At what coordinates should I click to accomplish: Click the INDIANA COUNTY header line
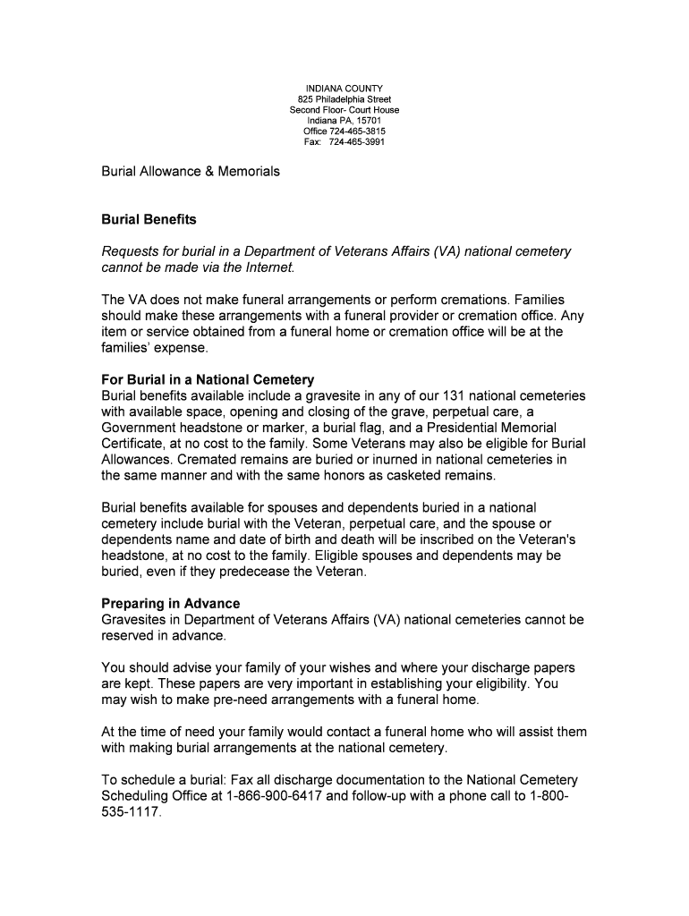(x=344, y=88)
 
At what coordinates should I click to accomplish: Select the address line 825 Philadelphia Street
(x=344, y=99)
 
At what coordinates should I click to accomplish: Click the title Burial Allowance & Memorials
(x=191, y=171)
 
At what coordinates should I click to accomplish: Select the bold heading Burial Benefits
(x=149, y=219)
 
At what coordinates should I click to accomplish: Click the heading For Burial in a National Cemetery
(x=208, y=380)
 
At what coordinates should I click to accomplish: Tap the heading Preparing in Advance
(x=170, y=604)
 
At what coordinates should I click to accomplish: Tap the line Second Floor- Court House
(x=344, y=110)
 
